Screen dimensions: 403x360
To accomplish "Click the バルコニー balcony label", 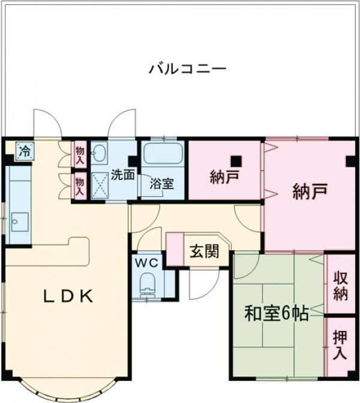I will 187,68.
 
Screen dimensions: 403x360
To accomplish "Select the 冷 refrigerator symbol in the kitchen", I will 24,151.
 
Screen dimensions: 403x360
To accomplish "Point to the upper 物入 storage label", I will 79,155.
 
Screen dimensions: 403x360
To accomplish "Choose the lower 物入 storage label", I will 79,185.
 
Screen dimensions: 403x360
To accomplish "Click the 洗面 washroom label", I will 122,176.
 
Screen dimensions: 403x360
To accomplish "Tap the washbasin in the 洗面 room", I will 100,154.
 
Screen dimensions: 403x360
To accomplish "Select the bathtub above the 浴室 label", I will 163,154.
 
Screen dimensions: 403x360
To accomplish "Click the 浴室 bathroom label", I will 162,184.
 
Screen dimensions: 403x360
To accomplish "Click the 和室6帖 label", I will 277,314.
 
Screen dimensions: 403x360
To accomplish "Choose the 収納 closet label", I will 340,286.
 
